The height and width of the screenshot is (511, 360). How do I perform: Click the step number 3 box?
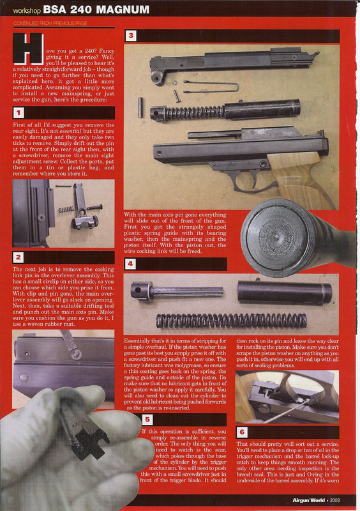point(131,36)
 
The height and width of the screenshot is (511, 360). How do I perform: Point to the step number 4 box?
point(131,263)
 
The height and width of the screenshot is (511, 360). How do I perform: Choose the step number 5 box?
point(147,420)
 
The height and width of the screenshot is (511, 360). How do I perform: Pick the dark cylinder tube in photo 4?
point(283,293)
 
